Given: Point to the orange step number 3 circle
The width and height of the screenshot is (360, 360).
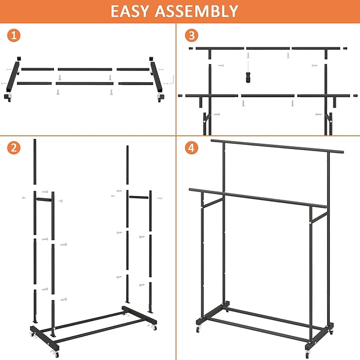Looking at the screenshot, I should (x=191, y=36).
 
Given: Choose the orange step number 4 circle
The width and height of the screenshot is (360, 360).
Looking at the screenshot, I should (x=191, y=149).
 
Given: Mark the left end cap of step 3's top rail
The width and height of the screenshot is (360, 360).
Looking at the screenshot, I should (x=191, y=48).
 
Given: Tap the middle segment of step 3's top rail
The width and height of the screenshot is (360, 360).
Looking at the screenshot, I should (x=267, y=49).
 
